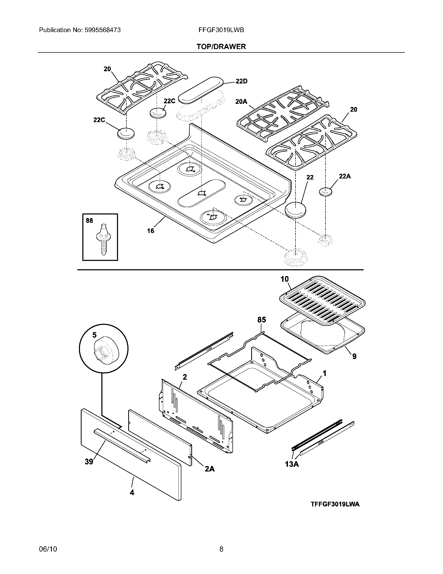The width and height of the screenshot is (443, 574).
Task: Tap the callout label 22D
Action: [x=241, y=81]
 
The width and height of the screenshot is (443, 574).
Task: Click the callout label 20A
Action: [x=241, y=101]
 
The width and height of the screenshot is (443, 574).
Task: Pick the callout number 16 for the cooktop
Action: [x=151, y=231]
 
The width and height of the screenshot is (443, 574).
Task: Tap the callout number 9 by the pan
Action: [x=354, y=356]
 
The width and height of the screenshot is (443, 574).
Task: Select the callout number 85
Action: [x=261, y=320]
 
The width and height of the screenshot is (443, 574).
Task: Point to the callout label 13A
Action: [x=292, y=464]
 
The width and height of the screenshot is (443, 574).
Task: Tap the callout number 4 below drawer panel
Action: [x=132, y=493]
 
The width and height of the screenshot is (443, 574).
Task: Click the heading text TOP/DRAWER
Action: [x=221, y=46]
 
